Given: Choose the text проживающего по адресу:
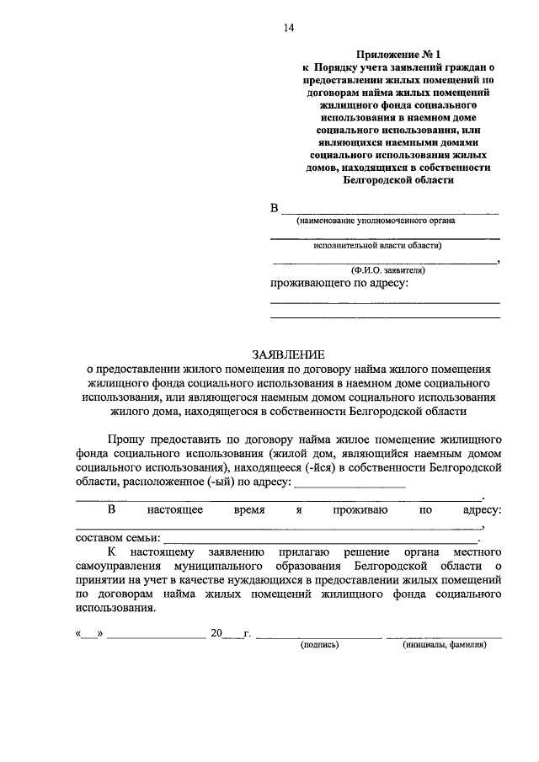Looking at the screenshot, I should pos(339,284).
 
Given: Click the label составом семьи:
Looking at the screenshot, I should pos(117,538).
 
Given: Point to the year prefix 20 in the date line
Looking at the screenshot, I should pos(216,632).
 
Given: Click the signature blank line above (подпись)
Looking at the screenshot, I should pos(318,637).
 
